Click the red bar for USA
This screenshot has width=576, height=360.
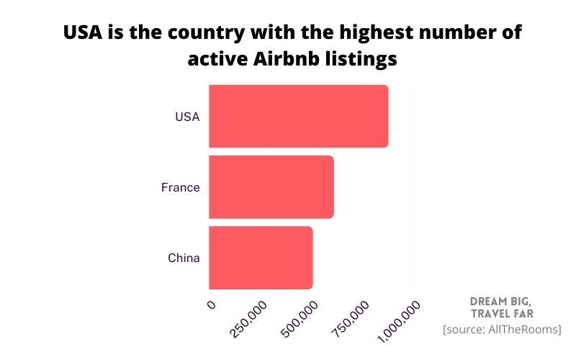[x=298, y=116]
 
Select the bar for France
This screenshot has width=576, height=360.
[x=271, y=186]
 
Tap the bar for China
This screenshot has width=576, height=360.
[x=261, y=258]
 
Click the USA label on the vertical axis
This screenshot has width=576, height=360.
[x=187, y=117]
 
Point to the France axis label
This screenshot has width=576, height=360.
[x=180, y=187]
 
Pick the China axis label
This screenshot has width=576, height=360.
[x=184, y=258]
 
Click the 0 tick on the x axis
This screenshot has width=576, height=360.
[x=211, y=305]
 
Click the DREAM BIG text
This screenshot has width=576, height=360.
[x=501, y=301]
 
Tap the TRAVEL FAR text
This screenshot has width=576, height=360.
[x=502, y=314]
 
